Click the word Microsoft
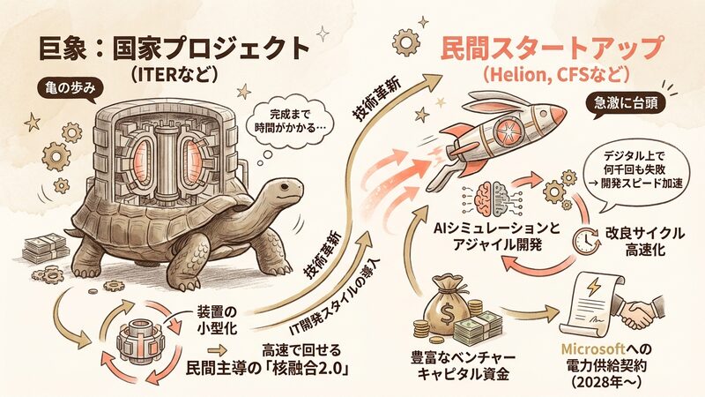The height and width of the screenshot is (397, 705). [x=593, y=348]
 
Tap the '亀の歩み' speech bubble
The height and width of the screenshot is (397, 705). [x=69, y=90]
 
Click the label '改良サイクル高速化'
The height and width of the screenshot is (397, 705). [x=644, y=242]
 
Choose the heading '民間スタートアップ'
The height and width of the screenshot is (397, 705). [x=553, y=48]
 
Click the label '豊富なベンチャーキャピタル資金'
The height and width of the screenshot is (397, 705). [x=464, y=365]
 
